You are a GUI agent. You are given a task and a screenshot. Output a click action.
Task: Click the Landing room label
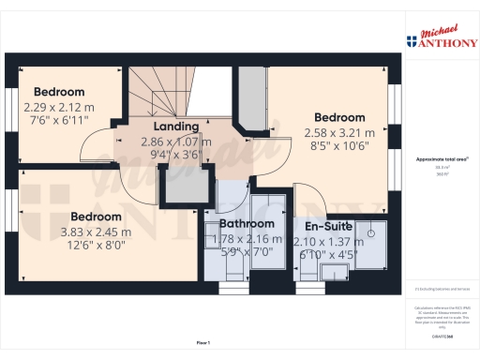176,127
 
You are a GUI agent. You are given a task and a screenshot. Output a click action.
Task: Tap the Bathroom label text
247,224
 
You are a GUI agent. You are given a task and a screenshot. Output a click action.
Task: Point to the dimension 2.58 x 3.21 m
339,133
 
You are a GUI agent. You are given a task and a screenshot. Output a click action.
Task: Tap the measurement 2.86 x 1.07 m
176,142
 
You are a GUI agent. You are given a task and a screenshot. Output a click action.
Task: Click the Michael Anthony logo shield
411,41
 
